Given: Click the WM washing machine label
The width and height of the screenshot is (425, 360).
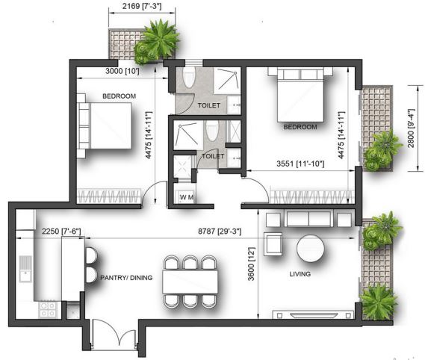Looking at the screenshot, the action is point(187,197).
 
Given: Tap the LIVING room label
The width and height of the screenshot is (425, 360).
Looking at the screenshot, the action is point(300,274).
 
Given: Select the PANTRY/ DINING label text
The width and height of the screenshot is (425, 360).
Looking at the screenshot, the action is point(126,278).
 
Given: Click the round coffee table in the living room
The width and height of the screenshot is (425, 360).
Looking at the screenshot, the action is point(311,248).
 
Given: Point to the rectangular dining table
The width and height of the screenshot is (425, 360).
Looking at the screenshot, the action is point(190,282).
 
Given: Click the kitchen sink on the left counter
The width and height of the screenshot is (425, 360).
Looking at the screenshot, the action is point(25,269).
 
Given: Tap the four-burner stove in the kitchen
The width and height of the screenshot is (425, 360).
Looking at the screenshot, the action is point(48,309).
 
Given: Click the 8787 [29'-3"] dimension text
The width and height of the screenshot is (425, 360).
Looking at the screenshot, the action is point(220,232).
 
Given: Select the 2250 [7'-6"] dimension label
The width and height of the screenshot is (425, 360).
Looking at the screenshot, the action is point(61,232).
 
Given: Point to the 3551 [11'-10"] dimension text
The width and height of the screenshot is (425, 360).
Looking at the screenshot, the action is point(300,164).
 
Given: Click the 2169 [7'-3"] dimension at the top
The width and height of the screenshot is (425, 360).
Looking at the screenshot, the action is point(142,6).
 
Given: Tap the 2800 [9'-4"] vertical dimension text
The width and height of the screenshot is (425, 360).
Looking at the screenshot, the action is point(411,128).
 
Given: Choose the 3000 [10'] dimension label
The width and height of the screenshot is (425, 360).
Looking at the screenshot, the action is point(122,71).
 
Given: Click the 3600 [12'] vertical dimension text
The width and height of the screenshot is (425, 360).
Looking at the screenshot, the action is point(251,264).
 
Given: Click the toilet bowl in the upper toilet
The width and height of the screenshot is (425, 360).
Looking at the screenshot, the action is point(189,77).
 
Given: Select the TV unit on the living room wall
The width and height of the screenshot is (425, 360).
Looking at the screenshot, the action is point(313,314).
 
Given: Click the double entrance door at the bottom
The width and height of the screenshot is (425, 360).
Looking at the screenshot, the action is point(114,335).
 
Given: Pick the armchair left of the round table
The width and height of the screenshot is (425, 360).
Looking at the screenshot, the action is point(273,244).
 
